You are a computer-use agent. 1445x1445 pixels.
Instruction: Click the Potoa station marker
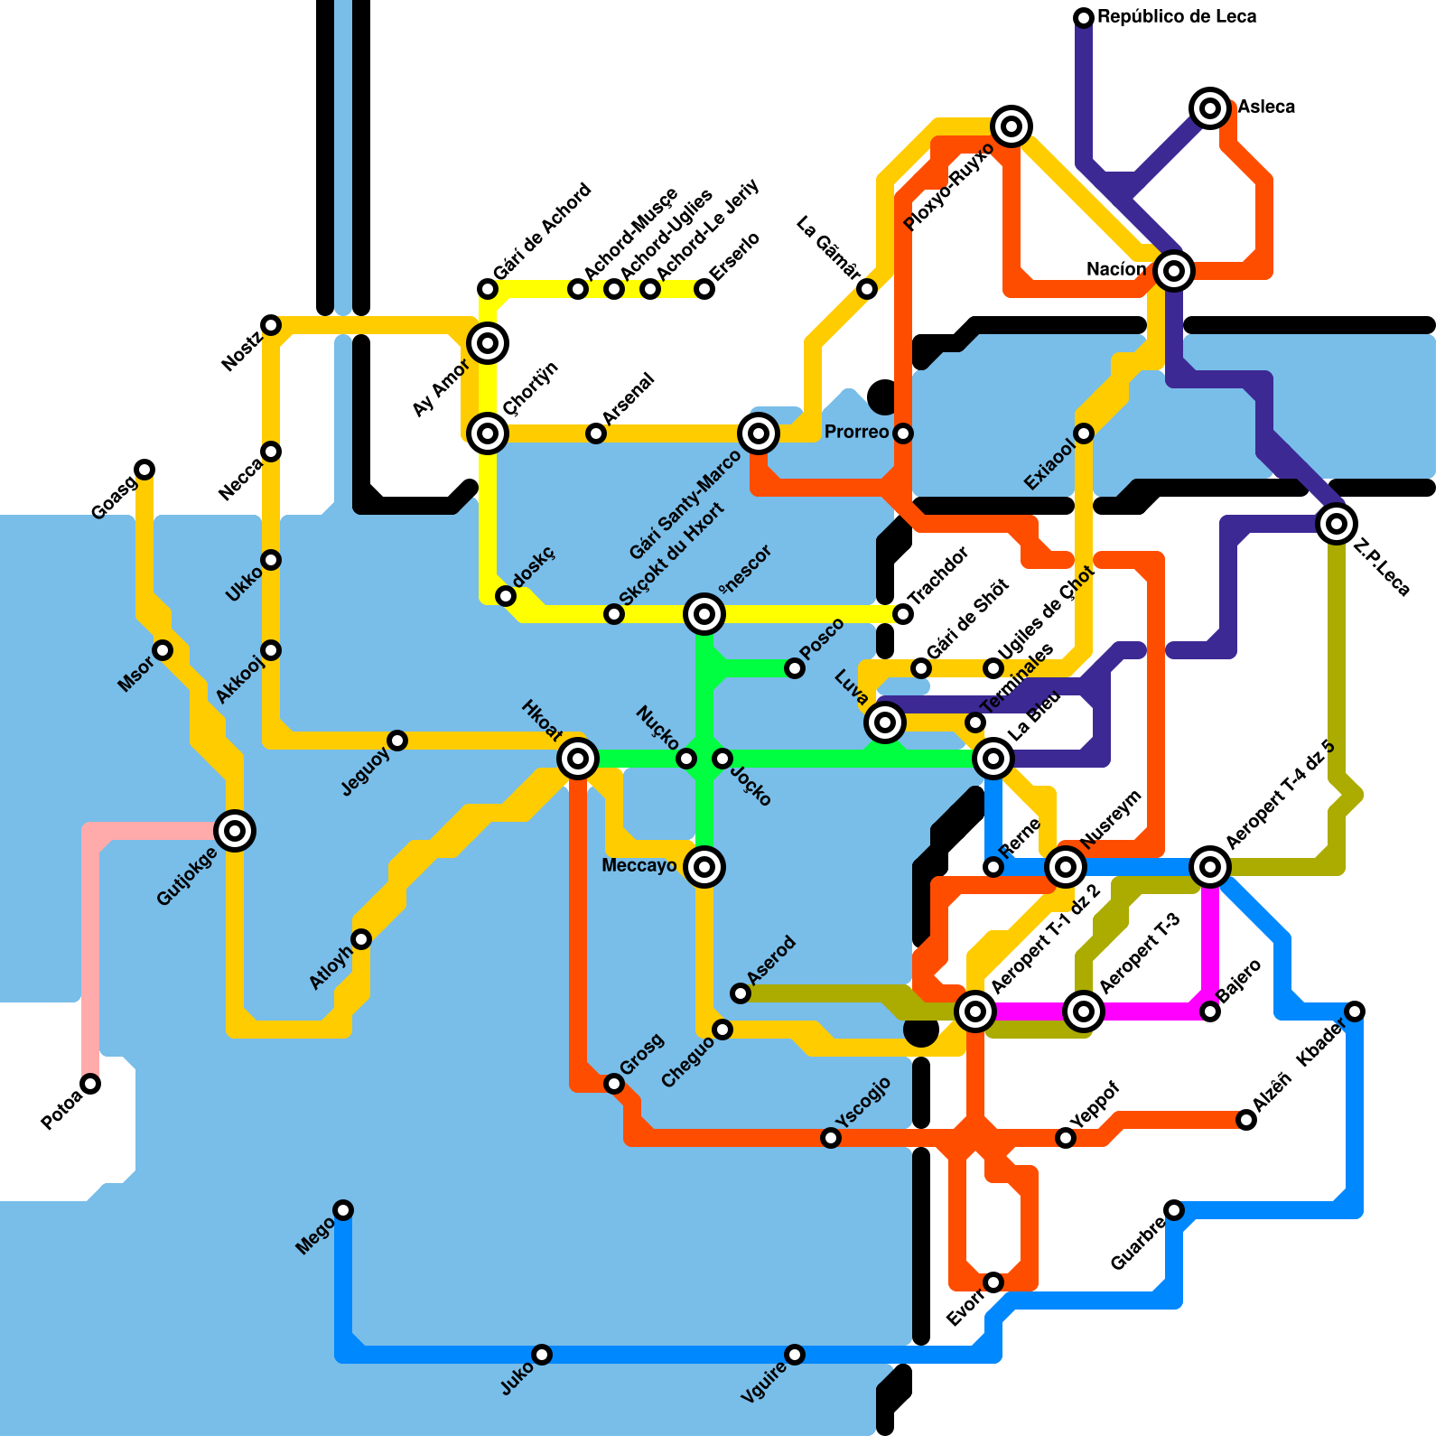pos(90,1084)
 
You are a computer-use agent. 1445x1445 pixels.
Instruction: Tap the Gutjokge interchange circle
pos(235,830)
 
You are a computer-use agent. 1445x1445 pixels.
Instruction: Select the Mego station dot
pos(343,1210)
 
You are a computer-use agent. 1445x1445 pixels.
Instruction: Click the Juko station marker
pos(542,1355)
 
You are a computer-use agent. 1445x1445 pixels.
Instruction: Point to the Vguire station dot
pos(795,1355)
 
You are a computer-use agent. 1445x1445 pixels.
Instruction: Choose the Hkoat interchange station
pos(578,759)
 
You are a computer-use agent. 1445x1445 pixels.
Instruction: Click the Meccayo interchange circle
pos(704,867)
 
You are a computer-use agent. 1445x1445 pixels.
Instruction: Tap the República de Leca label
pos(1177,17)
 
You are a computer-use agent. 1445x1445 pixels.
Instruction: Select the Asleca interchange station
pos(1210,108)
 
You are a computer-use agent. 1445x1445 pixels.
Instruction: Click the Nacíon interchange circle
pos(1173,270)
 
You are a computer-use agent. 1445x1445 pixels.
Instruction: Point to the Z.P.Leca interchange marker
pos(1337,523)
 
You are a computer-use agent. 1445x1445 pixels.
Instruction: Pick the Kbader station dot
pos(1355,1011)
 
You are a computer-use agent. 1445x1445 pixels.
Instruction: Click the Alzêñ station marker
pos(1246,1120)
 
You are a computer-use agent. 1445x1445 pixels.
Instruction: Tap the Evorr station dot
pos(993,1282)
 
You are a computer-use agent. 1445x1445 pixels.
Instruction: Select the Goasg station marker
pos(144,470)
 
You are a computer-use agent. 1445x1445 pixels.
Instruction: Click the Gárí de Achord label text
pos(542,232)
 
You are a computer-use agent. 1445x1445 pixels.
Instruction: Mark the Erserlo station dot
pos(704,289)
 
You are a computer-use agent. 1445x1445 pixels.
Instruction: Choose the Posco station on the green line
pos(795,668)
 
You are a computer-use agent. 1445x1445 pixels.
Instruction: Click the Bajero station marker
pos(1210,1011)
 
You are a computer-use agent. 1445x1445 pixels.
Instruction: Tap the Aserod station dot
pos(741,993)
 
